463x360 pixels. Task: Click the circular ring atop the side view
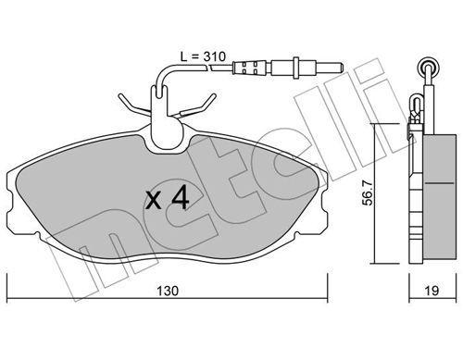(x=428, y=67)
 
